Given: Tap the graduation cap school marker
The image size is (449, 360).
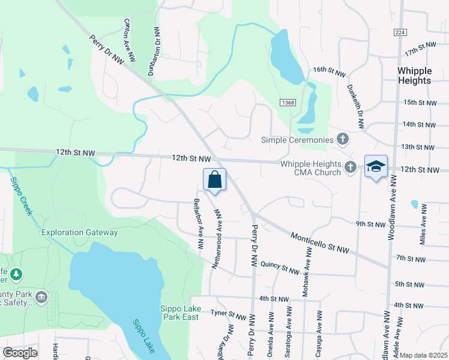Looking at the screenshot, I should [376, 167].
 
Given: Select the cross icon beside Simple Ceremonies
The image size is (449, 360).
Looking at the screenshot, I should [343, 140].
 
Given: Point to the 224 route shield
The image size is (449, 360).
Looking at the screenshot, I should [400, 32].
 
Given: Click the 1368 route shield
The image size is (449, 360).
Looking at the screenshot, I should [288, 103].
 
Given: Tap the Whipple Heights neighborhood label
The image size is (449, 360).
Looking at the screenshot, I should [414, 76].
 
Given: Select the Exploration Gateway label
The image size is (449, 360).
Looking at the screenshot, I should [79, 232].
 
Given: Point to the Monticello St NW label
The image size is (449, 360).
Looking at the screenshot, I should [319, 243].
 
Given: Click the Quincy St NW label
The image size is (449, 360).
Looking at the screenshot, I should [280, 268].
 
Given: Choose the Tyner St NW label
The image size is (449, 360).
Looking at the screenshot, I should [228, 314].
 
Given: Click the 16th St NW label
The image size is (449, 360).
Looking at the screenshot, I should [330, 72].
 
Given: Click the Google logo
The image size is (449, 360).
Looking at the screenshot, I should [20, 353].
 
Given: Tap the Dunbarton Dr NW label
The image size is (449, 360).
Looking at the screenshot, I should [155, 52].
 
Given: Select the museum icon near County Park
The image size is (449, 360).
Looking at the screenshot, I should [41, 298].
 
